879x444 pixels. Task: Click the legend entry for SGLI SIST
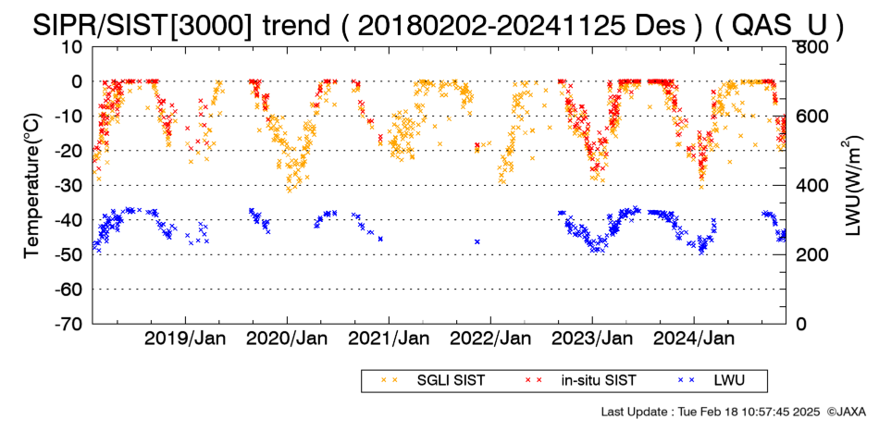point(432,380)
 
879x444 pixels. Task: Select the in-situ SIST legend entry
point(581,380)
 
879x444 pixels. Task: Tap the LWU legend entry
point(712,380)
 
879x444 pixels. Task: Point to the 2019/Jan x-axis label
point(185,339)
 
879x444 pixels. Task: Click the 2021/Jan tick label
point(389,339)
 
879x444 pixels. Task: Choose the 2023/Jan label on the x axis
point(592,339)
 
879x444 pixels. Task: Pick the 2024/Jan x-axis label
point(693,339)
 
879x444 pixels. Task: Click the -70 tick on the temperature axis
point(69,324)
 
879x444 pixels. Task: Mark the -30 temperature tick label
point(69,185)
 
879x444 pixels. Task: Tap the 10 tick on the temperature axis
point(73,47)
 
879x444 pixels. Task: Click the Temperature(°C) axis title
point(33,186)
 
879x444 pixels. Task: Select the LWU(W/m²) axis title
point(853,185)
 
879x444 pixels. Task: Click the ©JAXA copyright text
point(846,412)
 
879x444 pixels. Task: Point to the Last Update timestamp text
point(711,412)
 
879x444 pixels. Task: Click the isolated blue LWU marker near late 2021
point(477,241)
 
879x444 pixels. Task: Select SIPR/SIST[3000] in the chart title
point(142,26)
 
